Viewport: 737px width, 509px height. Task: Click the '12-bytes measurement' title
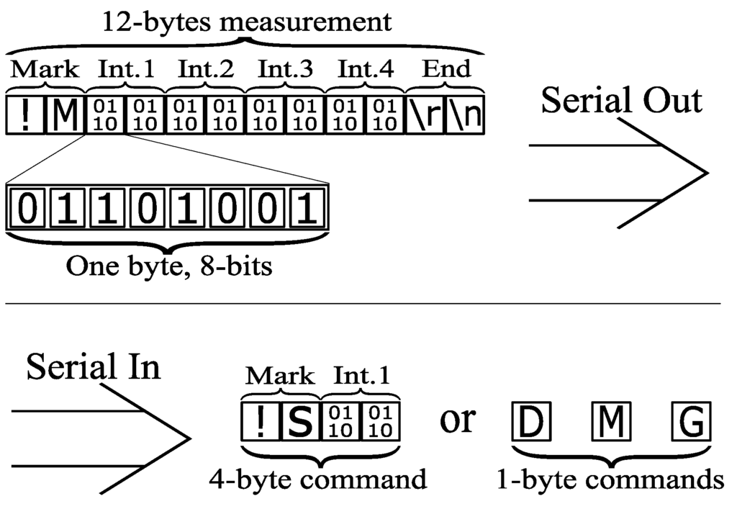pos(247,22)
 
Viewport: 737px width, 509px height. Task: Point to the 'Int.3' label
pos(286,70)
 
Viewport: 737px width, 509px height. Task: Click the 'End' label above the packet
pos(446,69)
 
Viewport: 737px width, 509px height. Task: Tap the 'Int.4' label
pos(366,70)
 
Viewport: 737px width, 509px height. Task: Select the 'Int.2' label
pos(206,70)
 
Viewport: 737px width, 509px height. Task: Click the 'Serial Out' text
pos(621,100)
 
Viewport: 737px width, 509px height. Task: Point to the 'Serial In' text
pos(94,368)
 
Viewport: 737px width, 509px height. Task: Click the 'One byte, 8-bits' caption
pos(169,267)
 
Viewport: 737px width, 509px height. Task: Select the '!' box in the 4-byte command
pos(260,422)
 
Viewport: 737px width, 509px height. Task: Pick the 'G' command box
pos(692,423)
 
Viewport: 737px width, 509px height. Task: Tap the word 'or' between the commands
pos(457,420)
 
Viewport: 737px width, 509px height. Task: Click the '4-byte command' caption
pos(318,478)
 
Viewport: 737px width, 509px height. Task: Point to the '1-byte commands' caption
pos(610,478)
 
